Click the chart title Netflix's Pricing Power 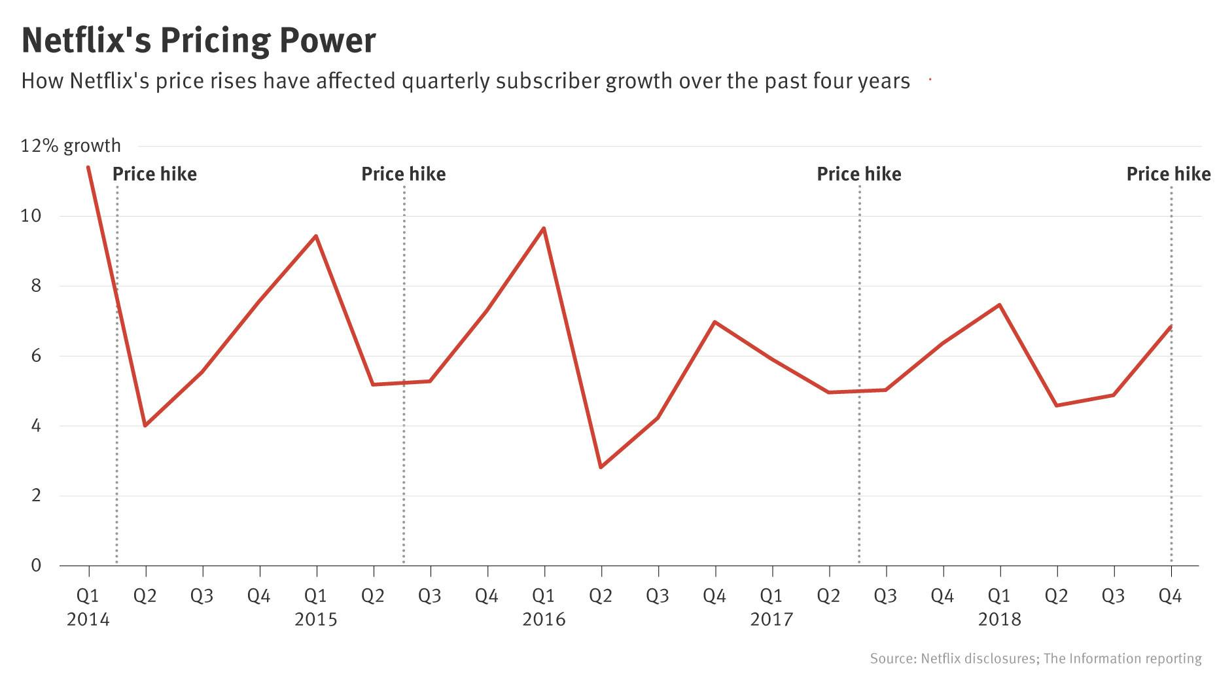click(x=199, y=41)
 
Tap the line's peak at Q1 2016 click(x=544, y=228)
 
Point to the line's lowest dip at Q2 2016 click(x=601, y=467)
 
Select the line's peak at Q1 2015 click(x=316, y=236)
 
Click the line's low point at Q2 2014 click(x=145, y=425)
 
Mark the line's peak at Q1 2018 click(x=999, y=305)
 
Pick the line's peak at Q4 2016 click(x=714, y=322)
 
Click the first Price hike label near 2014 click(x=154, y=174)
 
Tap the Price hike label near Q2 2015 click(x=404, y=174)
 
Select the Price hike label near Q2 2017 click(x=859, y=174)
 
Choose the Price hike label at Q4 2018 click(x=1169, y=174)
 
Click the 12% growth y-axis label click(x=71, y=145)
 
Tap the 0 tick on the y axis click(x=36, y=565)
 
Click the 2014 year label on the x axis click(x=88, y=619)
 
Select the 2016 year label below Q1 click(x=544, y=619)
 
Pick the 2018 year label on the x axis click(x=999, y=619)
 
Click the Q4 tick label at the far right click(x=1170, y=596)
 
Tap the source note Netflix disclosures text click(x=978, y=658)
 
